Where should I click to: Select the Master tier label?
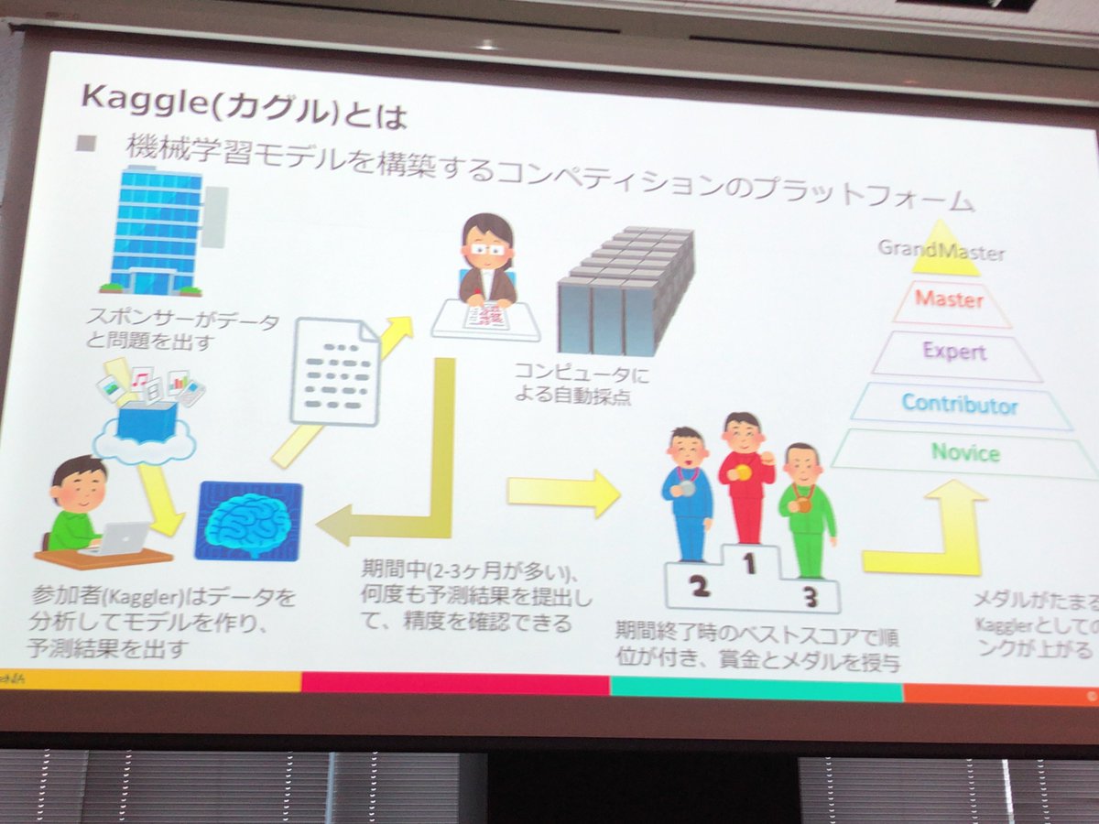coord(949,299)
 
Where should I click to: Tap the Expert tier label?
coord(954,352)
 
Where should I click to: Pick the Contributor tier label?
coord(959,403)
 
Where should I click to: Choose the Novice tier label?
coord(965,452)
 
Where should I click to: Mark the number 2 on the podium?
coord(700,587)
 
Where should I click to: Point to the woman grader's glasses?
coord(486,247)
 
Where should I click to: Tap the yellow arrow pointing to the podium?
coord(561,492)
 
